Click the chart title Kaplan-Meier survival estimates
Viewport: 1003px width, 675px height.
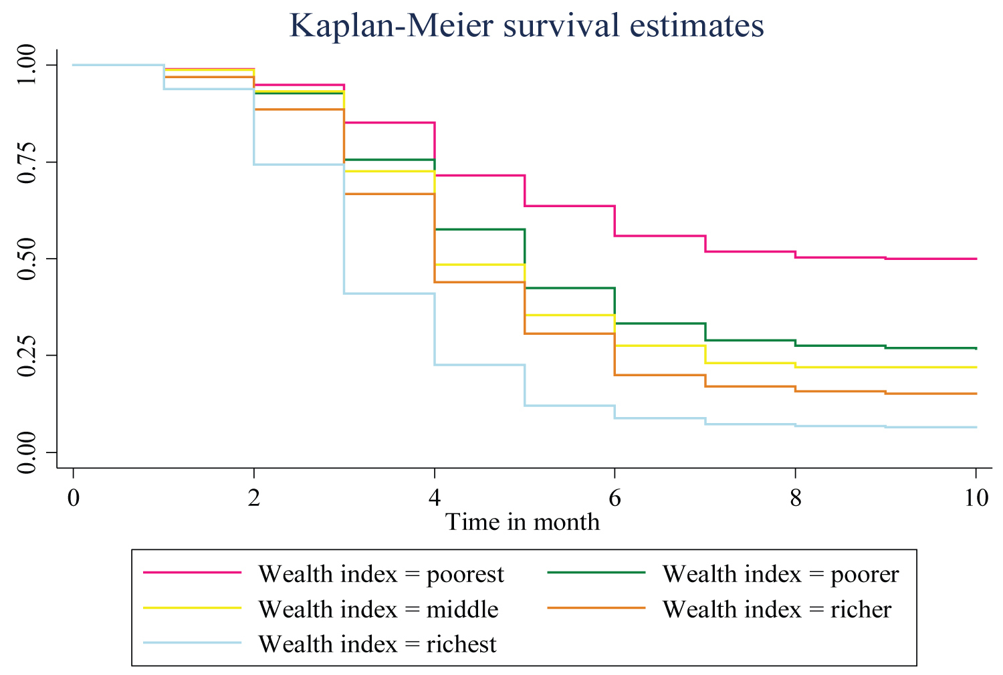(526, 26)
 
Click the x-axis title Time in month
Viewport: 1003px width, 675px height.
(522, 521)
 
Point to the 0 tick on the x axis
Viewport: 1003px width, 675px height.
(73, 498)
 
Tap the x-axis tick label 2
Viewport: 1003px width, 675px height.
(253, 498)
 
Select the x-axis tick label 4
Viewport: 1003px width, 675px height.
(435, 498)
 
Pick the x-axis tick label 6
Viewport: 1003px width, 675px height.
(615, 498)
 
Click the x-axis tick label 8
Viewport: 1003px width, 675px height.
(795, 498)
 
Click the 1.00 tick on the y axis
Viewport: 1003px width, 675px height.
(27, 65)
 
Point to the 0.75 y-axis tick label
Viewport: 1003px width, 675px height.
(27, 162)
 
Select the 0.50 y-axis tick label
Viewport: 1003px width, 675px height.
(27, 259)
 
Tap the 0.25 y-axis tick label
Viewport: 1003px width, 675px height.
(27, 356)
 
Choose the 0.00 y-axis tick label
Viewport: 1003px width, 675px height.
(27, 452)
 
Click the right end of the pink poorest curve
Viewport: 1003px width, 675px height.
(976, 259)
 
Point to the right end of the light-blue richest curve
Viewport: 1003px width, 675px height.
(976, 427)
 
